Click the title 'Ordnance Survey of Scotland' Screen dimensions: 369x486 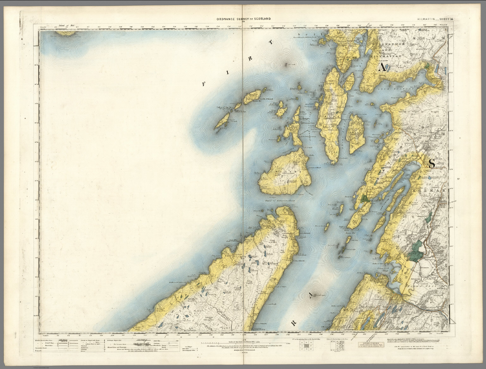tap(244, 19)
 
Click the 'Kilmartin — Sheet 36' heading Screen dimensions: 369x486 tap(435, 19)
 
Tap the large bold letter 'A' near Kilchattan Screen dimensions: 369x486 tap(383, 67)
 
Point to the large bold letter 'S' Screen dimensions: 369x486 tap(432, 163)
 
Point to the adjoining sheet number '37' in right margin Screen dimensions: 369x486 tap(458, 180)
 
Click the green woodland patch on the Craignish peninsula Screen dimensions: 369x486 tap(365, 199)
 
